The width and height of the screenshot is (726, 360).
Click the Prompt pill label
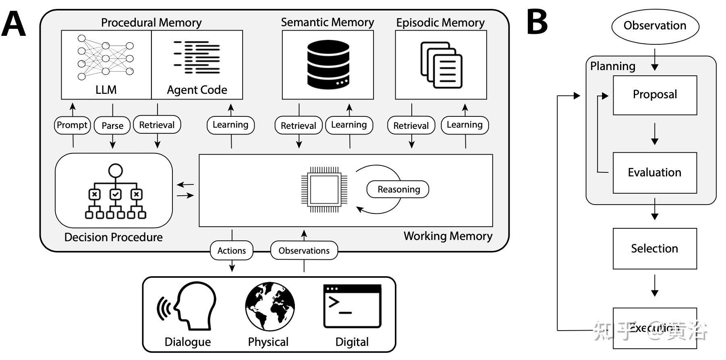(72, 125)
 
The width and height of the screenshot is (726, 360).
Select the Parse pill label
(112, 126)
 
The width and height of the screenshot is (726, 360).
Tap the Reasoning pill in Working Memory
(398, 189)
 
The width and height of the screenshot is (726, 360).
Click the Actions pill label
(232, 250)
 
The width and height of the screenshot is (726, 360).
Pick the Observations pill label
(304, 250)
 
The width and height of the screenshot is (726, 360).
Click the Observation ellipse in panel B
(655, 26)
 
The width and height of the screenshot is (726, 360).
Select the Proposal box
(655, 95)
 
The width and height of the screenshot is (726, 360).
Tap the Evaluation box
(655, 173)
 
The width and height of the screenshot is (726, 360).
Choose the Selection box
(655, 248)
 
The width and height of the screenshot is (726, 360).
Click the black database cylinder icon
(328, 64)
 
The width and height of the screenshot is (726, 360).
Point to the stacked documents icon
(441, 65)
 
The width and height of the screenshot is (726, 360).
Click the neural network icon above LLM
(106, 58)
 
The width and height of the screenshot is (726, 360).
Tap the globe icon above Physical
(270, 306)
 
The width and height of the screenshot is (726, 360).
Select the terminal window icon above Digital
(352, 306)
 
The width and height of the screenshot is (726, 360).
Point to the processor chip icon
(324, 189)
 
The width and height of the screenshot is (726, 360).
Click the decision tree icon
(115, 192)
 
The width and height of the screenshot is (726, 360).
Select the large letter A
(14, 24)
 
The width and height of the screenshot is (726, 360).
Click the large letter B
(537, 22)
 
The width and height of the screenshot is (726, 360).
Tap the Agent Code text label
(197, 90)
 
